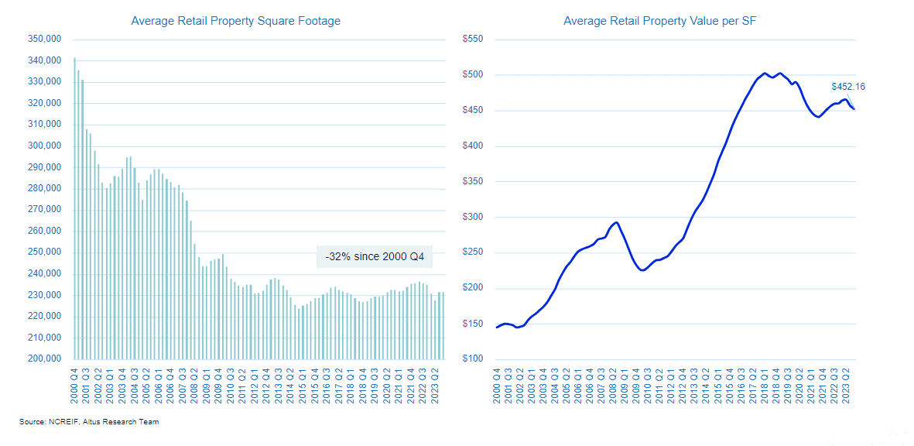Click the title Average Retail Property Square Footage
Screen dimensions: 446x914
(235, 21)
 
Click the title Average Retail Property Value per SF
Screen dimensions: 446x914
(659, 21)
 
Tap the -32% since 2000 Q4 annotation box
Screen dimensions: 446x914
(375, 256)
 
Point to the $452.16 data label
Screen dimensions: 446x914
(848, 87)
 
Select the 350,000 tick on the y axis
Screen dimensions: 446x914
(43, 39)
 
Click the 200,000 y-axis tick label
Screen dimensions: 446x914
(43, 359)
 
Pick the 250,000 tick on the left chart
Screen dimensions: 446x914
(43, 252)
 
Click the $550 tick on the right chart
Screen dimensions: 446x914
(472, 39)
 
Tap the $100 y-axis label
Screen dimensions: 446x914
(472, 359)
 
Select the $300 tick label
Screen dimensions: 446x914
(472, 217)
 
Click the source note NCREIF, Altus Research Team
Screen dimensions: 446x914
(89, 421)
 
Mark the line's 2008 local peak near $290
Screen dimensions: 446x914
(616, 223)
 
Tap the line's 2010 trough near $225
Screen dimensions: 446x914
(642, 269)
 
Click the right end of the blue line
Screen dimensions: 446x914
(854, 109)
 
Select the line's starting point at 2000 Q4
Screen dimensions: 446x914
(497, 328)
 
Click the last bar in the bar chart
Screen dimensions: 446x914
(443, 325)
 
